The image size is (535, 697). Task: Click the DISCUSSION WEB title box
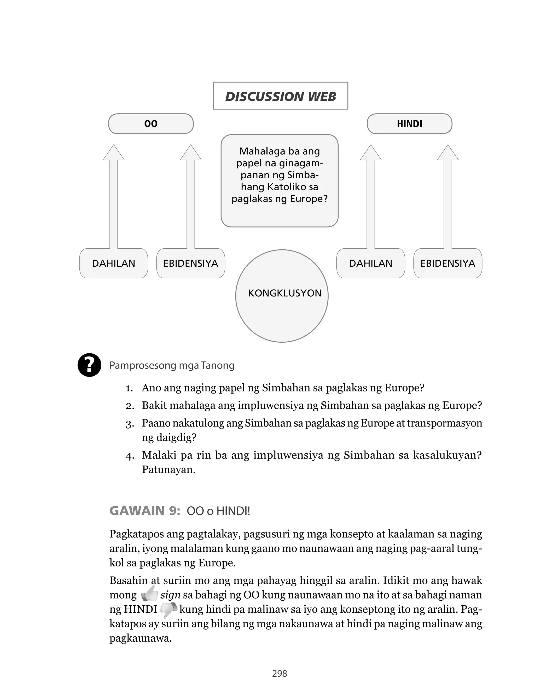coord(280,96)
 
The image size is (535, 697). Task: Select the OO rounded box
coord(151,124)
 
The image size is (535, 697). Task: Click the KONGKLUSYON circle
coord(282,296)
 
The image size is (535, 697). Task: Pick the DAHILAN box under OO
coord(113,263)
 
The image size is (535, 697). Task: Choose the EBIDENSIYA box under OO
coord(190,263)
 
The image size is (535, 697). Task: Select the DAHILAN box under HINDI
coord(370,263)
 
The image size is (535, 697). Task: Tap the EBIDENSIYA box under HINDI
coord(447,263)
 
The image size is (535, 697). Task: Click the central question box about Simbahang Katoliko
coord(279,180)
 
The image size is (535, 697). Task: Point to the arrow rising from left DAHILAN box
coord(114,197)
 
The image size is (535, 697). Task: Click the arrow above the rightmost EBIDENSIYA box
coord(447,197)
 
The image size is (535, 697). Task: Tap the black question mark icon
coord(90,365)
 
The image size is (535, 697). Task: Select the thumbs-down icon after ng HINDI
coord(168,609)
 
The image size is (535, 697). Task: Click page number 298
coord(280,673)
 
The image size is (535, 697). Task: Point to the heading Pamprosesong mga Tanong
coord(172,365)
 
